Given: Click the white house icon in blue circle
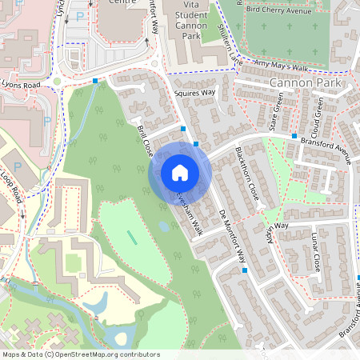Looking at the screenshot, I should click(x=180, y=172).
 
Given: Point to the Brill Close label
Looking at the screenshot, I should click(x=144, y=140).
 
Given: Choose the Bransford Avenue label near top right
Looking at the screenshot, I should click(x=326, y=148).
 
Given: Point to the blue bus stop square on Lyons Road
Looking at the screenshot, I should click(x=95, y=81).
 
